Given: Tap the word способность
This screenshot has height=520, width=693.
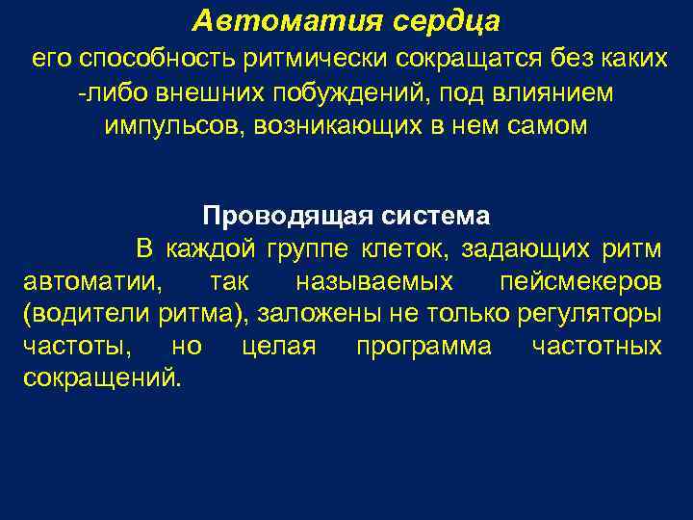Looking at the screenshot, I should pos(149,61).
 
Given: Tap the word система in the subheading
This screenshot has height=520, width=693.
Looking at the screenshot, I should pos(434,215).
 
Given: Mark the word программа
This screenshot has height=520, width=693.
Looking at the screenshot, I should pos(423,347).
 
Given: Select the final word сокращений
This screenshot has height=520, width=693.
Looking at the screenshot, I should pos(99,378).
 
